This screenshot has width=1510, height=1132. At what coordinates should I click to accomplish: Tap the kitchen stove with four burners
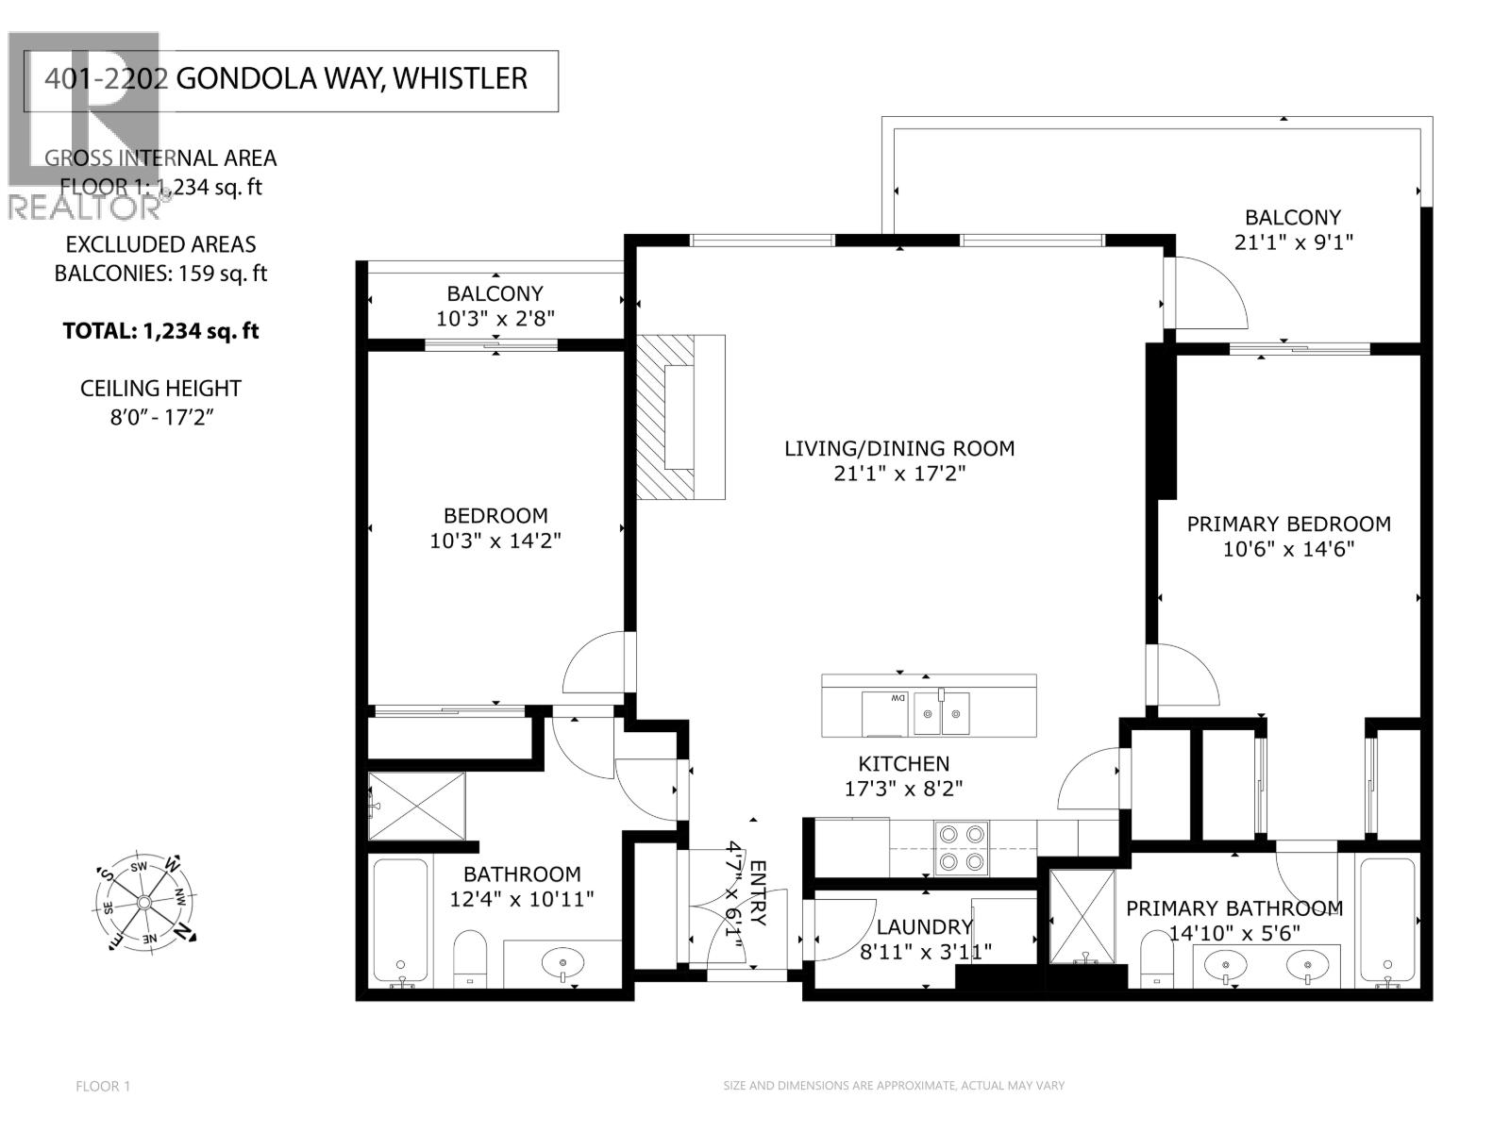tap(962, 848)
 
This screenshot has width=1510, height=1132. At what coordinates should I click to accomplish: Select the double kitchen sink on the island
tap(941, 714)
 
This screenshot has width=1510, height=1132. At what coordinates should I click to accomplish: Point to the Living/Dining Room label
tap(899, 448)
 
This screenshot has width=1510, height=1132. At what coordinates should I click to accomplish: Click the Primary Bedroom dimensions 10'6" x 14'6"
tap(1288, 549)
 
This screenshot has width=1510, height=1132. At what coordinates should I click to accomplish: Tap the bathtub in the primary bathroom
tap(1387, 920)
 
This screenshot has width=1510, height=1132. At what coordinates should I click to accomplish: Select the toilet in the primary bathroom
tap(1155, 960)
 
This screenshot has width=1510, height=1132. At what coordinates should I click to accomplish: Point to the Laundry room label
tap(924, 927)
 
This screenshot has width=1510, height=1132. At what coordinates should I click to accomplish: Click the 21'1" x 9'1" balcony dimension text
tap(1293, 242)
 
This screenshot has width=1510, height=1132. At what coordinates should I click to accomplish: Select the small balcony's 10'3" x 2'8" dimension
tap(495, 319)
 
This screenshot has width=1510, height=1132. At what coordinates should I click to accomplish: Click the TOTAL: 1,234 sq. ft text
tap(160, 331)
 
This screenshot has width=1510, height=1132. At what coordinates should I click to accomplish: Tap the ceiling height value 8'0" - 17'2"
tap(161, 416)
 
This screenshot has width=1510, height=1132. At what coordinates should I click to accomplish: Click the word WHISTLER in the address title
tap(460, 78)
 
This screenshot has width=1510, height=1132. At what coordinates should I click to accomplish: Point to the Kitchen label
tap(903, 764)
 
